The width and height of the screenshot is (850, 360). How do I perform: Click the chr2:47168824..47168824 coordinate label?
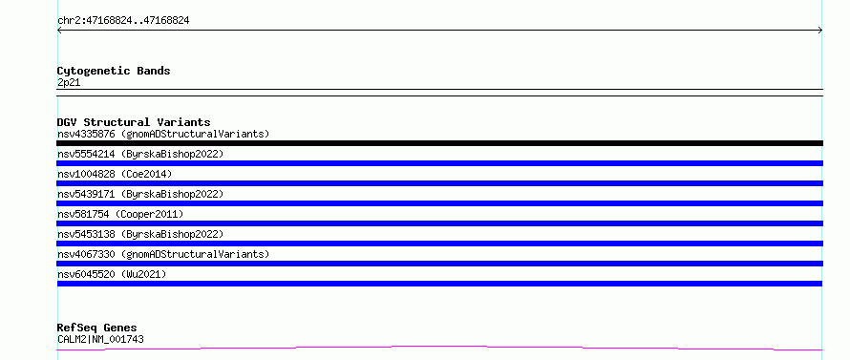(x=123, y=21)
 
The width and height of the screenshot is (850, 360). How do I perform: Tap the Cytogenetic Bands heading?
(x=114, y=71)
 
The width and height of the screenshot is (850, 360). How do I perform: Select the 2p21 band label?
(x=69, y=83)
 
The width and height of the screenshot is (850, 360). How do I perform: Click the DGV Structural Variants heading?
(x=134, y=122)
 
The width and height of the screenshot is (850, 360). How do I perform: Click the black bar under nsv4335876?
(x=439, y=143)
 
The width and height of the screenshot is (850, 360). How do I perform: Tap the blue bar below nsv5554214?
(x=439, y=163)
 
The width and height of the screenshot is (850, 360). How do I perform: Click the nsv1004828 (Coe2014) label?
(x=115, y=174)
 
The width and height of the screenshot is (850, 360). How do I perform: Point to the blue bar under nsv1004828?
(x=439, y=183)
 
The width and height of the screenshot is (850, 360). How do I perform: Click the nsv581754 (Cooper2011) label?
(x=120, y=214)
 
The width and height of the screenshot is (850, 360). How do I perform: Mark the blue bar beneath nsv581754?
(x=439, y=223)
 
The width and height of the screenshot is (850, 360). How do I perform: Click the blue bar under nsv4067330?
(x=439, y=264)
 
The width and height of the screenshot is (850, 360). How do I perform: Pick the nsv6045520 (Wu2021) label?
(x=112, y=274)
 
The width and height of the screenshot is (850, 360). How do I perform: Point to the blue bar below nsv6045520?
(x=439, y=284)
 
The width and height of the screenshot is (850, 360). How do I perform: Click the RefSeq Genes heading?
(x=97, y=328)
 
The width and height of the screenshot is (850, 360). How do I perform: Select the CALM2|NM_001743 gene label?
(x=100, y=340)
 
